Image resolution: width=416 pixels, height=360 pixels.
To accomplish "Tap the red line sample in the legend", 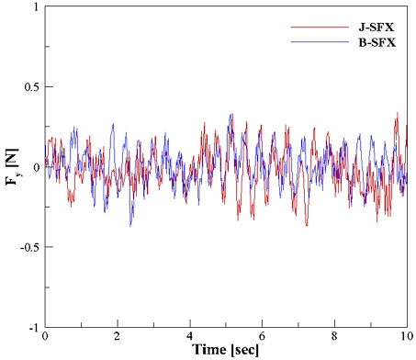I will (x=309, y=28).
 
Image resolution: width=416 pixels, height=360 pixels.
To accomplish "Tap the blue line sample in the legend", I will (x=309, y=42).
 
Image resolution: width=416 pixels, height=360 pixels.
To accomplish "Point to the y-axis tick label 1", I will (x=34, y=7).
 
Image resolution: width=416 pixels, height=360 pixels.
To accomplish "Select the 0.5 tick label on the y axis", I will (x=29, y=87).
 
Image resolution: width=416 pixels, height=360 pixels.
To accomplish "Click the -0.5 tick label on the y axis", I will (x=28, y=247).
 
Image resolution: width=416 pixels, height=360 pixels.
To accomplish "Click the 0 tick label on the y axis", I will (x=34, y=167).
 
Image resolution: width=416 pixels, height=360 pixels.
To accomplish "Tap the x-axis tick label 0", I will (x=44, y=337).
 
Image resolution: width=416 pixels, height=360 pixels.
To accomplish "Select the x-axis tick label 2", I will (x=118, y=337).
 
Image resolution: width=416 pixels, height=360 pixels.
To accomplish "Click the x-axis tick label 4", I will (x=190, y=337).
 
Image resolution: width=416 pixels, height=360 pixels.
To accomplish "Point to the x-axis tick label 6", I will (x=263, y=337).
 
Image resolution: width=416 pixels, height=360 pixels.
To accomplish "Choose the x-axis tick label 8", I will (x=336, y=337).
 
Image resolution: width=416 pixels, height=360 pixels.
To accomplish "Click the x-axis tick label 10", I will (x=408, y=337).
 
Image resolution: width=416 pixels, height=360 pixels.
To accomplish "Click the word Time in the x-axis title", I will (x=209, y=351).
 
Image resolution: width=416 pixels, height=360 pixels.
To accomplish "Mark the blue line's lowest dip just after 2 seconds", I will (x=130, y=226).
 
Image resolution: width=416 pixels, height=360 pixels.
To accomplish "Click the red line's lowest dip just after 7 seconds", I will (x=307, y=224).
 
